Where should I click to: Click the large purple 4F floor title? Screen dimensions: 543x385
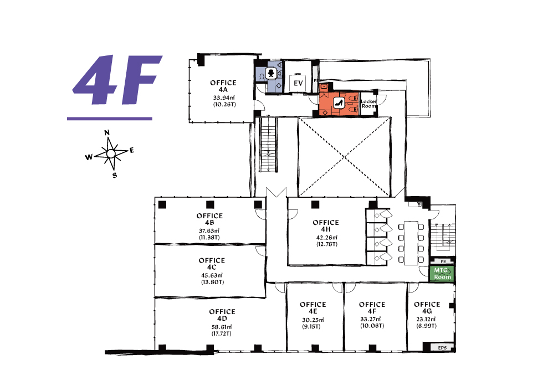click(117, 80)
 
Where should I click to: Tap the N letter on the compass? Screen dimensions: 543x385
click(107, 132)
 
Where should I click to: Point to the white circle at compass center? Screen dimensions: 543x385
click(110, 153)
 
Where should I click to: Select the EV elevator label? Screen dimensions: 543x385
click(298, 83)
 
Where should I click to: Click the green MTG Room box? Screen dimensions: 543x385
click(442, 273)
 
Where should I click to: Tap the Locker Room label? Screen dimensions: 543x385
click(369, 104)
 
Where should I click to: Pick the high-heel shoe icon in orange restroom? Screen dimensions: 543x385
click(339, 102)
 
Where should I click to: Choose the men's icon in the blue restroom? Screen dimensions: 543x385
click(271, 73)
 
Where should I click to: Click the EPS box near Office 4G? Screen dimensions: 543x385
click(442, 348)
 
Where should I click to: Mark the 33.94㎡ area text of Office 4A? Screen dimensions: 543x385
click(224, 97)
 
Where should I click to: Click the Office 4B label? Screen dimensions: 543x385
click(209, 219)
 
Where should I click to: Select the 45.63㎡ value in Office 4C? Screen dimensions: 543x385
click(212, 275)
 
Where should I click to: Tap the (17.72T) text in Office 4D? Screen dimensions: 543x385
click(222, 333)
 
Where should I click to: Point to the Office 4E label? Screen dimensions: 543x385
click(313, 308)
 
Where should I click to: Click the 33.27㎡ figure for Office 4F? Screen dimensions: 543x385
click(371, 319)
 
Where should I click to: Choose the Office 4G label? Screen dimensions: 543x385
click(427, 308)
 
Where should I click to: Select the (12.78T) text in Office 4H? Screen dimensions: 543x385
click(326, 244)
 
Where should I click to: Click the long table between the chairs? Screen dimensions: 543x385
click(411, 243)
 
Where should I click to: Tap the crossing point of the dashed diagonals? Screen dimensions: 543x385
click(345, 157)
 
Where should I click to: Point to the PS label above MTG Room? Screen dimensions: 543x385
click(443, 261)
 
